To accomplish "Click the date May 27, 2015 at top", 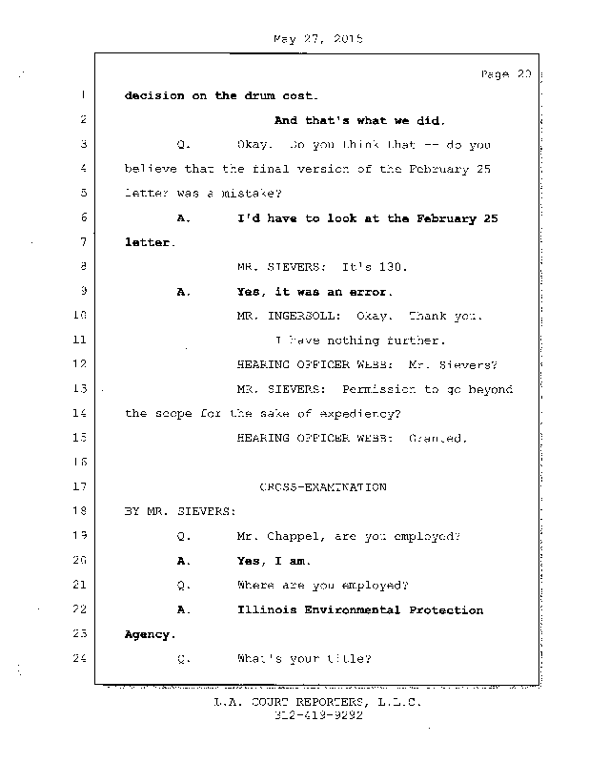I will tap(319, 39).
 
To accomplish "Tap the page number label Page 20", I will tap(504, 74).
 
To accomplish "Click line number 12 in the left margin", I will tap(79, 363).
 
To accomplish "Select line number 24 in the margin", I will tap(79, 657).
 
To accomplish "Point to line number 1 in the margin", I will tap(83, 95).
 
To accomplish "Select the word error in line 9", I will tap(370, 291).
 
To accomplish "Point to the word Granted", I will tap(438, 438).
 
